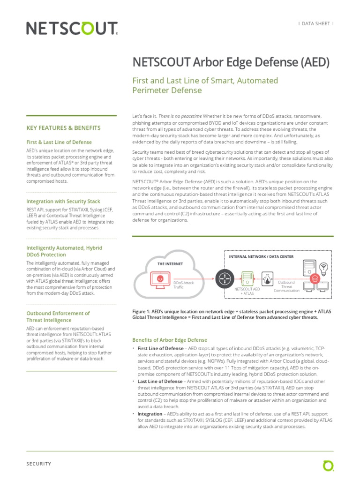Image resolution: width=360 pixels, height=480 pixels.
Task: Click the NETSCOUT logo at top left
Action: pyautogui.click(x=72, y=29)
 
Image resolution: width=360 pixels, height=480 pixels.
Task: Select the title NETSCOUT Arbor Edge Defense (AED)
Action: pyautogui.click(x=232, y=62)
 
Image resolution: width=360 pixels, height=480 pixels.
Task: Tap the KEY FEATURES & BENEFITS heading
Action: pyautogui.click(x=63, y=127)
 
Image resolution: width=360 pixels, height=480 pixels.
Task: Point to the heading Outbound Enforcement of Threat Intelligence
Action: pyautogui.click(x=58, y=316)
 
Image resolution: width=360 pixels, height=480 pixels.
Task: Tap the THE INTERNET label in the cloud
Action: pyautogui.click(x=170, y=264)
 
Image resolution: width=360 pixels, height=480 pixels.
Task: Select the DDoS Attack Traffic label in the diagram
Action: pyautogui.click(x=183, y=285)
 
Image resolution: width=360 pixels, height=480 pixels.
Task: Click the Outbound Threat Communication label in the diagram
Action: pyautogui.click(x=286, y=286)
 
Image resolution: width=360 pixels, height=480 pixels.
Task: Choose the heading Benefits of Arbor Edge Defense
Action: pyautogui.click(x=170, y=340)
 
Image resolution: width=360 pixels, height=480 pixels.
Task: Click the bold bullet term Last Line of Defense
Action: pyautogui.click(x=160, y=382)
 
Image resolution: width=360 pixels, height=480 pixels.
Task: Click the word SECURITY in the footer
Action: pyautogui.click(x=38, y=464)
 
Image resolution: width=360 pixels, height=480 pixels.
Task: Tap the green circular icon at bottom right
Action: pyautogui.click(x=328, y=465)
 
